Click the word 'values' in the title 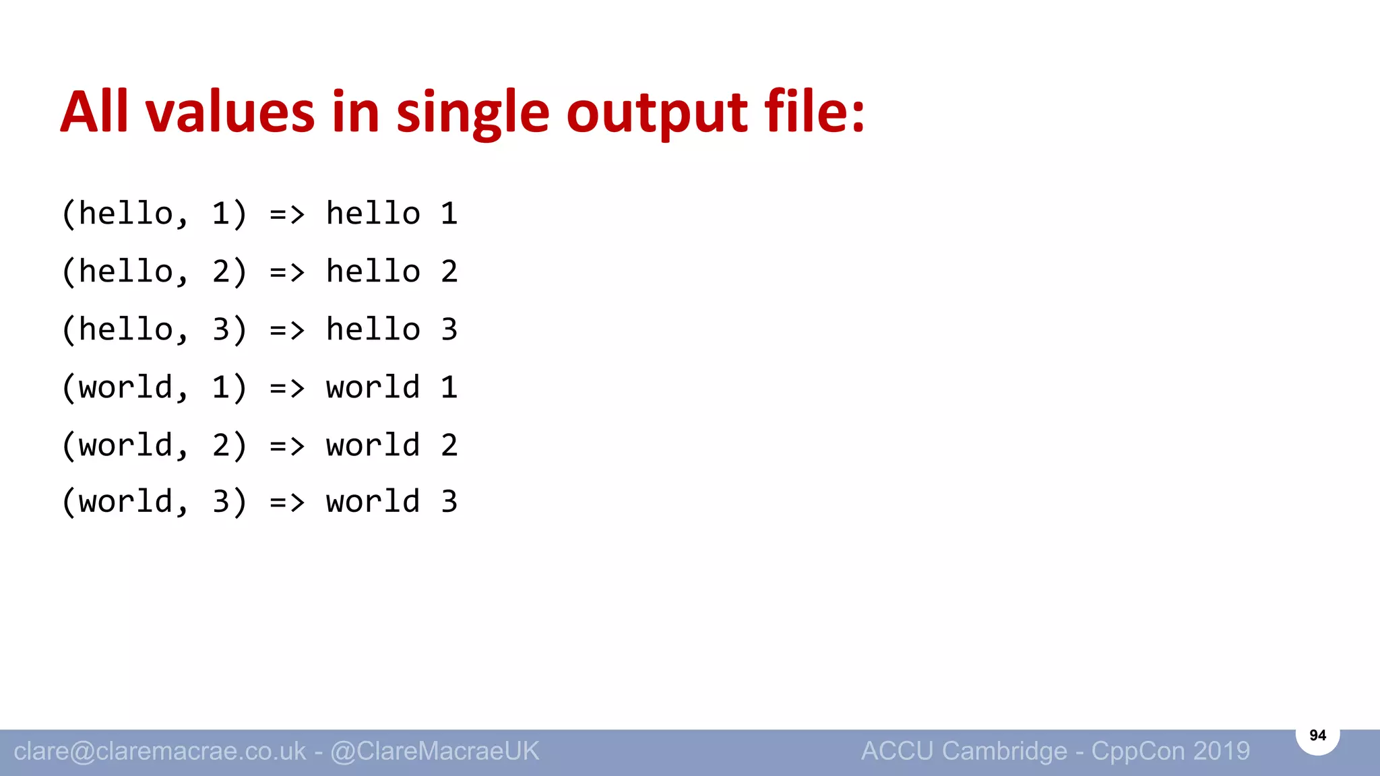(x=230, y=112)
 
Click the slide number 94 (x=1317, y=735)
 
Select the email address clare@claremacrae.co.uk (x=160, y=751)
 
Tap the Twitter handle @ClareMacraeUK (x=435, y=751)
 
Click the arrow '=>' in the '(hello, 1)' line (x=287, y=215)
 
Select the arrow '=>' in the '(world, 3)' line (x=287, y=503)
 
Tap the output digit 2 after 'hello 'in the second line (x=449, y=272)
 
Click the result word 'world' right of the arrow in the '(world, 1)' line (x=373, y=388)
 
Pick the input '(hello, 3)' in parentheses (x=154, y=330)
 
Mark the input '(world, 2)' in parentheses (x=154, y=446)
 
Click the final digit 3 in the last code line (x=449, y=503)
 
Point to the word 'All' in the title (x=94, y=112)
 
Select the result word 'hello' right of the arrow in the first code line (x=373, y=214)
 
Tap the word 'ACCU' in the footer (x=897, y=751)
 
